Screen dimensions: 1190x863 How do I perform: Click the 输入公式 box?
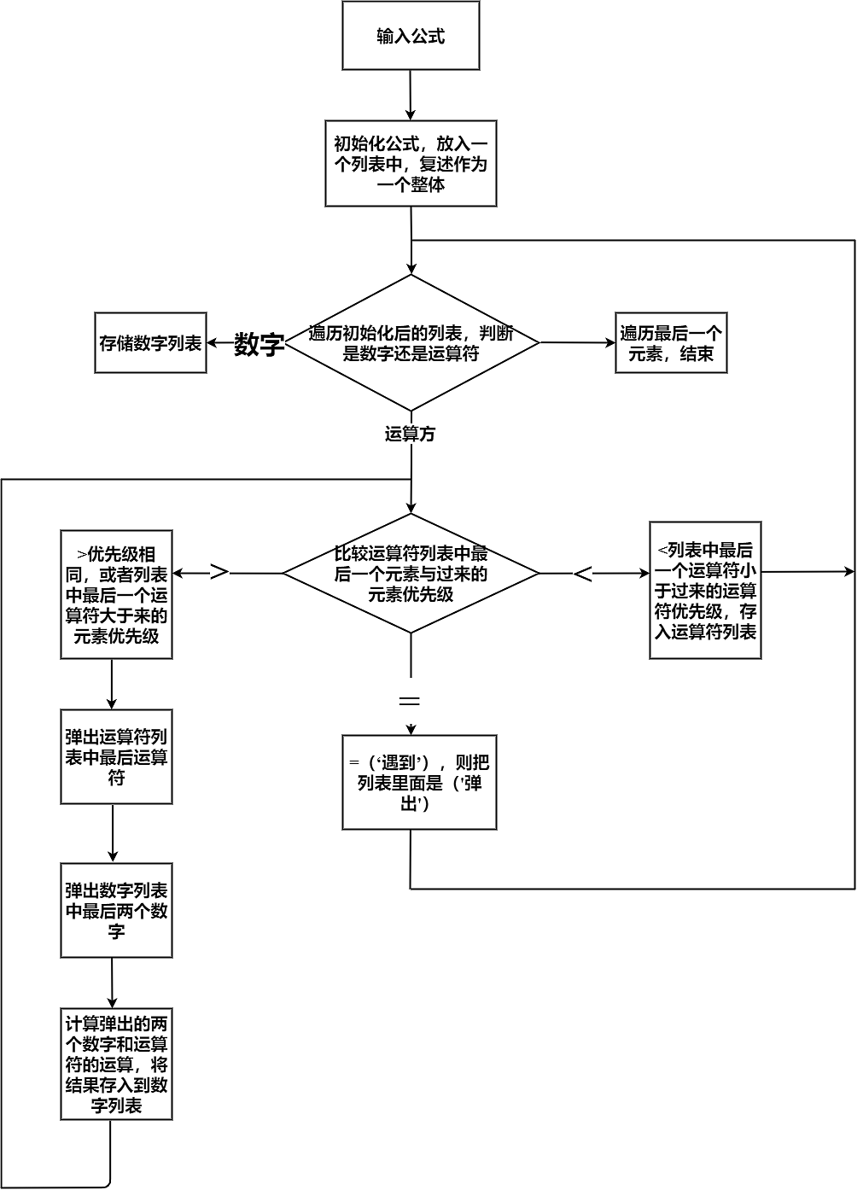(411, 36)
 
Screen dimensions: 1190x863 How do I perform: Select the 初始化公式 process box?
(411, 163)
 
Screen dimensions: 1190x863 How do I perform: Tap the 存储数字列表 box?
(150, 343)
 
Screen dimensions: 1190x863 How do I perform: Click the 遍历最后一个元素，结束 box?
(671, 343)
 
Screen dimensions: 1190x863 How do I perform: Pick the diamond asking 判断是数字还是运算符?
(411, 343)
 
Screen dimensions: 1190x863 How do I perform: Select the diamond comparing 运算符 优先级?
(411, 574)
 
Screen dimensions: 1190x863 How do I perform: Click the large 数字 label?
(259, 345)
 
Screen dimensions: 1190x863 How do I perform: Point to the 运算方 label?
(410, 435)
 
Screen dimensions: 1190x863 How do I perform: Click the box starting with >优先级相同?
(116, 595)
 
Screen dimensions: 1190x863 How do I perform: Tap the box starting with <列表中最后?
(705, 591)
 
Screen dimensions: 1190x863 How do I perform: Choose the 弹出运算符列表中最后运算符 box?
(116, 757)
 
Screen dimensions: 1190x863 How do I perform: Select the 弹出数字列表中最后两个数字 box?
(116, 911)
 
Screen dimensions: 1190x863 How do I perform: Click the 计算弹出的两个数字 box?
(116, 1065)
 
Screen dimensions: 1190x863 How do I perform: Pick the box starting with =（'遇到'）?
(419, 783)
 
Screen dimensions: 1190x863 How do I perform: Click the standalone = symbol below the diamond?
(410, 701)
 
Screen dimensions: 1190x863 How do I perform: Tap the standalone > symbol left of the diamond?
(219, 572)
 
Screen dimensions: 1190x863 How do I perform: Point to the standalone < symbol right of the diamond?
(582, 575)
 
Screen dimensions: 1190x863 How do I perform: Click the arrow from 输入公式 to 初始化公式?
(411, 96)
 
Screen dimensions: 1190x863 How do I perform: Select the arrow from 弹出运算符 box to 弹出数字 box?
(113, 833)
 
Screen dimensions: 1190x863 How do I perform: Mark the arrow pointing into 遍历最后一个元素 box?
(577, 343)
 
